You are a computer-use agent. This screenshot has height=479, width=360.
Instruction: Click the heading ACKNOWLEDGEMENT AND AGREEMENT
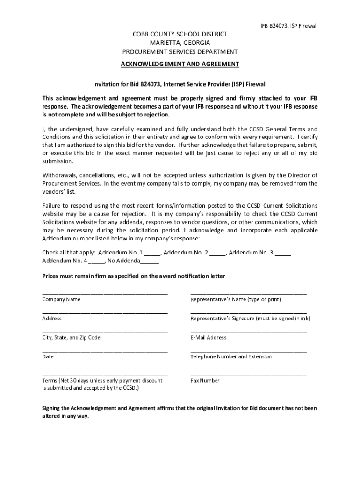click(x=180, y=64)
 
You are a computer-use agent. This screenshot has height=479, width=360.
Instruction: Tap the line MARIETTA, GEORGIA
click(x=180, y=43)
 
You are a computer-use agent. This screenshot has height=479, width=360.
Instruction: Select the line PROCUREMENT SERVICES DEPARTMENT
click(x=180, y=52)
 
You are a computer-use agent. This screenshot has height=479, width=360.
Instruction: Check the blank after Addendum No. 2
click(x=217, y=253)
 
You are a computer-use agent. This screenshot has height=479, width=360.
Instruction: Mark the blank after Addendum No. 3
click(x=283, y=253)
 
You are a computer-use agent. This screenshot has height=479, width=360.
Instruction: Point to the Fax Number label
click(x=205, y=381)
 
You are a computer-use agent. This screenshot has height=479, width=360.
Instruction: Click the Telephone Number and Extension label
click(x=231, y=357)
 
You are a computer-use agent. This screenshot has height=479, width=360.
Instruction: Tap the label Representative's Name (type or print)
click(x=236, y=299)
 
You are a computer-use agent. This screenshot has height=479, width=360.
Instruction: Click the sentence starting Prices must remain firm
click(x=134, y=276)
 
